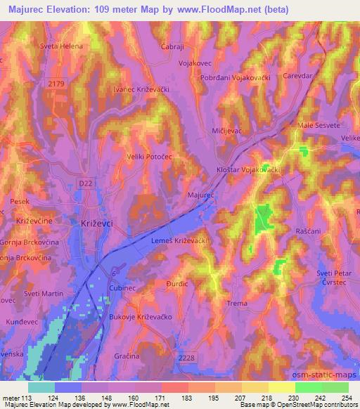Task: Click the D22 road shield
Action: [83, 183]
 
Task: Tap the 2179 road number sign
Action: [57, 84]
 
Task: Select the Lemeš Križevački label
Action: [179, 241]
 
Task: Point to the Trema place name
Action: [237, 304]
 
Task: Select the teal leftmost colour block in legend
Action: [41, 387]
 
